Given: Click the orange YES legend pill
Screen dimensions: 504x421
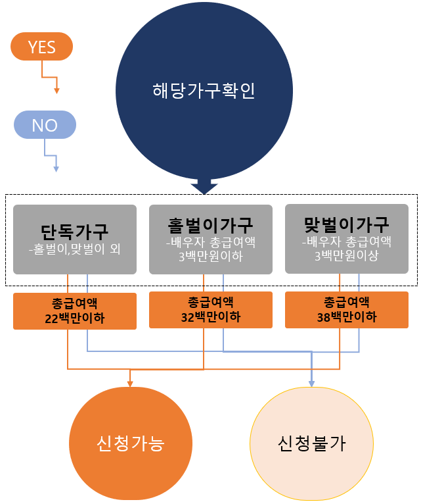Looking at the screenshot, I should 42,47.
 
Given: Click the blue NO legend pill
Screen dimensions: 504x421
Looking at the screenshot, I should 45,125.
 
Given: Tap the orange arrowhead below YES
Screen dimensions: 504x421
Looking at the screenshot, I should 56,89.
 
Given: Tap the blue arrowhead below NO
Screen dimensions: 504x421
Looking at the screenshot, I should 56,168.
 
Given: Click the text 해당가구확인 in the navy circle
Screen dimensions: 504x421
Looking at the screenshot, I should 203,90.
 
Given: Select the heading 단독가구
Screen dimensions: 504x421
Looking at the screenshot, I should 74,231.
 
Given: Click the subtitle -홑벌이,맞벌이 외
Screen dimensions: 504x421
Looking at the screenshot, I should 74,250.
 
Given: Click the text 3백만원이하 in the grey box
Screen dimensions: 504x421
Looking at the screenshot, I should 210,257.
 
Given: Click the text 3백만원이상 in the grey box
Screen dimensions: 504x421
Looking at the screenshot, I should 346,257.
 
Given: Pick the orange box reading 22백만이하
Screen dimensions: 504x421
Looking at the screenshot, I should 74,311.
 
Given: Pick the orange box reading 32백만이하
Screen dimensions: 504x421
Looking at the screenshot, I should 210,309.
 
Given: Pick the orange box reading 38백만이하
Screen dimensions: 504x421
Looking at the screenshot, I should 346,309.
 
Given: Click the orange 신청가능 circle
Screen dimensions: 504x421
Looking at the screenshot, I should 130,443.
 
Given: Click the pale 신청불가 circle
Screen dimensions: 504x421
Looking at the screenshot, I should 311,443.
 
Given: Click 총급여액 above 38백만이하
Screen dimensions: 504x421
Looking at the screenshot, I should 346,302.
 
